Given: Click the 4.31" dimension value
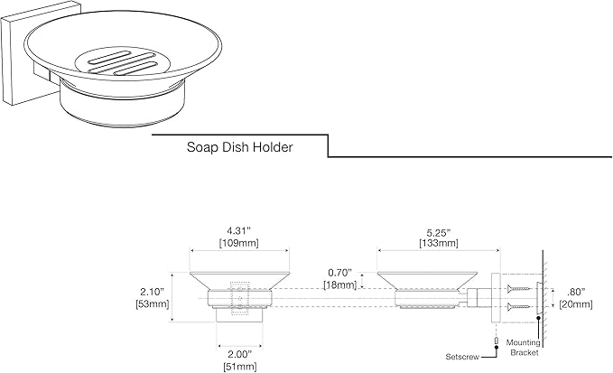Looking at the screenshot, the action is pyautogui.click(x=239, y=231).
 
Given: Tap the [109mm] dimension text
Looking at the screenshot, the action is pyautogui.click(x=239, y=243).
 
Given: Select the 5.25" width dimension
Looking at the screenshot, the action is pyautogui.click(x=439, y=232).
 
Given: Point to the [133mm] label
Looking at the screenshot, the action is pyautogui.click(x=439, y=243).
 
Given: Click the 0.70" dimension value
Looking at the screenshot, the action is pyautogui.click(x=340, y=272).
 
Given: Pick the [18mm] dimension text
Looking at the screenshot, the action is pyautogui.click(x=340, y=284).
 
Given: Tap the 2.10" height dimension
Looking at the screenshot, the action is pyautogui.click(x=153, y=292).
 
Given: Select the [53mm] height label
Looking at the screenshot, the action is pyautogui.click(x=153, y=303).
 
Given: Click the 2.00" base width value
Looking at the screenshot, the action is pyautogui.click(x=240, y=355).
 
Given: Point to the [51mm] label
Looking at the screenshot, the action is pyautogui.click(x=240, y=367).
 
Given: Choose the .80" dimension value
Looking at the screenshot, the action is pyautogui.click(x=575, y=292).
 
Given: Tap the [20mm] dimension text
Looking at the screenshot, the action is pyautogui.click(x=575, y=303).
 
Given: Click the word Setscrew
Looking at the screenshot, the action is pyautogui.click(x=462, y=357).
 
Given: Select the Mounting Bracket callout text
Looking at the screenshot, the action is pyautogui.click(x=524, y=348).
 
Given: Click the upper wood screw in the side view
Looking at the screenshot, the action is pyautogui.click(x=519, y=289).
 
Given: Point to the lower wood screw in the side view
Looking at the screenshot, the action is pyautogui.click(x=519, y=306).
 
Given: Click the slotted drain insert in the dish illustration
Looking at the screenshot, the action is pyautogui.click(x=122, y=62).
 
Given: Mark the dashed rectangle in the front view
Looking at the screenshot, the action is pyautogui.click(x=240, y=298).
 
